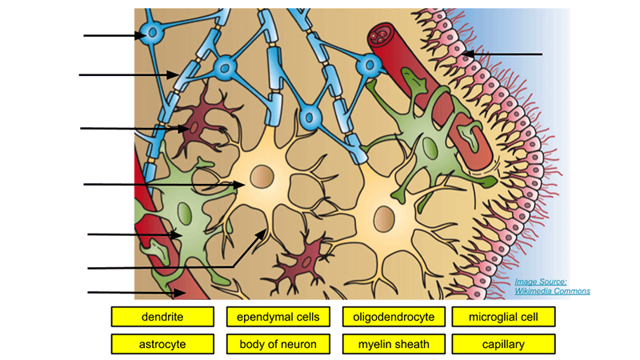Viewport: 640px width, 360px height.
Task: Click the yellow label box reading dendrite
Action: pyautogui.click(x=162, y=317)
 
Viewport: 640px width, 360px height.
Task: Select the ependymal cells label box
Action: pyautogui.click(x=278, y=317)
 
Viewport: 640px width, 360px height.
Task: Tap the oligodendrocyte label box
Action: pyautogui.click(x=394, y=317)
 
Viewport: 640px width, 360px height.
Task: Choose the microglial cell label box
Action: pyautogui.click(x=503, y=317)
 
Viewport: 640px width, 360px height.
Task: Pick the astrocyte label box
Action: pyautogui.click(x=162, y=345)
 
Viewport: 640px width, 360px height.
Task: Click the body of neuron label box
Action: pyautogui.click(x=278, y=345)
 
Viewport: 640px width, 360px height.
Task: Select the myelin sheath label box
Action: pyautogui.click(x=394, y=345)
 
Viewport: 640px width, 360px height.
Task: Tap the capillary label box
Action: pyautogui.click(x=503, y=345)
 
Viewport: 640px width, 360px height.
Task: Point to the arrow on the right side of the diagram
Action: pyautogui.click(x=504, y=54)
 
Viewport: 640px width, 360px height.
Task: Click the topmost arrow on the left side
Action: pyautogui.click(x=112, y=35)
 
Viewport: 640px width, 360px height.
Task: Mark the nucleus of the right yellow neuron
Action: pyautogui.click(x=384, y=217)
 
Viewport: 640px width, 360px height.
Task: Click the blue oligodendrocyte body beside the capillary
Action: pyautogui.click(x=369, y=66)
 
